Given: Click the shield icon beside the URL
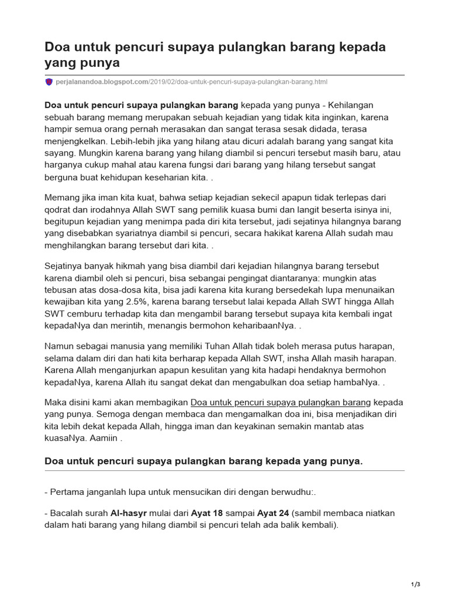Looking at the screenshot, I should point(49,82).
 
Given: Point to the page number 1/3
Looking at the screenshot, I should point(416,584).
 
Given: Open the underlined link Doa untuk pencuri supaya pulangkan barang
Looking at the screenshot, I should point(281,402).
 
